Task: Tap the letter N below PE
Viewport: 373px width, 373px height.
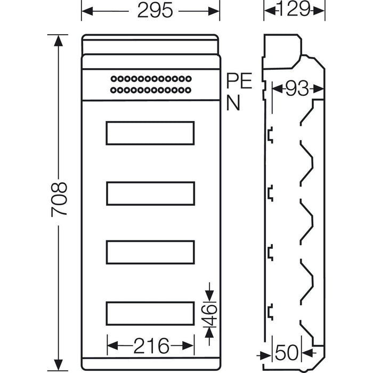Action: point(233,102)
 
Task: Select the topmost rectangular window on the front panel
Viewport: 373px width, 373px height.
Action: point(150,133)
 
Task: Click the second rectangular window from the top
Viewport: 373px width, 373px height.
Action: point(150,193)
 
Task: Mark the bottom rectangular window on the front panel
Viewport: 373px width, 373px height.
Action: point(150,313)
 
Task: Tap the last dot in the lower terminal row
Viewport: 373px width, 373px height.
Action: point(188,90)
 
